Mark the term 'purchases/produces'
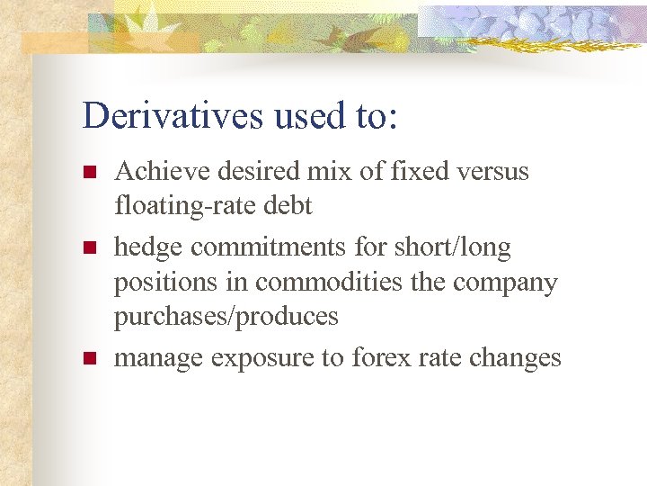(x=226, y=317)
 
